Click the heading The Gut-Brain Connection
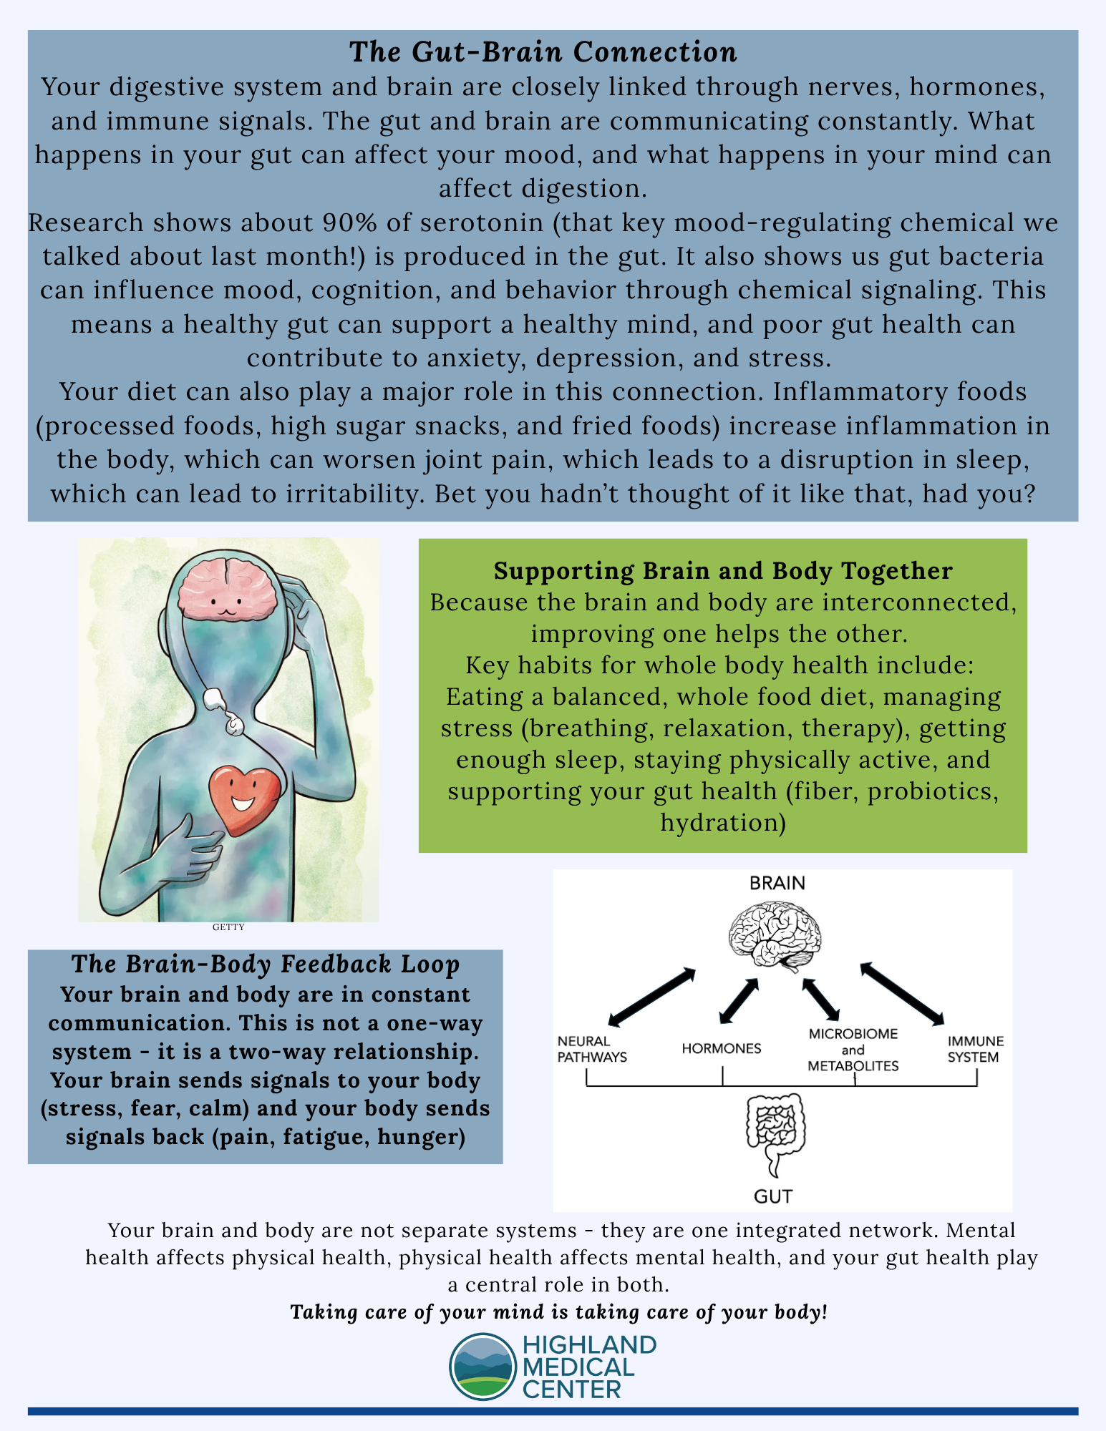(x=543, y=52)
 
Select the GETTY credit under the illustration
(x=228, y=927)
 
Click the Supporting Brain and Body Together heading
(x=723, y=571)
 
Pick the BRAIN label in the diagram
(x=777, y=883)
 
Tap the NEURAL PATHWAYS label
(x=592, y=1049)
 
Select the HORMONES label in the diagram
(x=722, y=1049)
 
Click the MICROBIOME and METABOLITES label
(x=853, y=1050)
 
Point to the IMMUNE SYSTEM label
(x=975, y=1049)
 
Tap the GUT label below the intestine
(x=773, y=1196)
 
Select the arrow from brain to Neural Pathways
(x=651, y=997)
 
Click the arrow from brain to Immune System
(x=903, y=994)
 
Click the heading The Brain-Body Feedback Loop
(x=266, y=964)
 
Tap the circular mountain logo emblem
(x=482, y=1366)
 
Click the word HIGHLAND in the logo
(x=589, y=1344)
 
